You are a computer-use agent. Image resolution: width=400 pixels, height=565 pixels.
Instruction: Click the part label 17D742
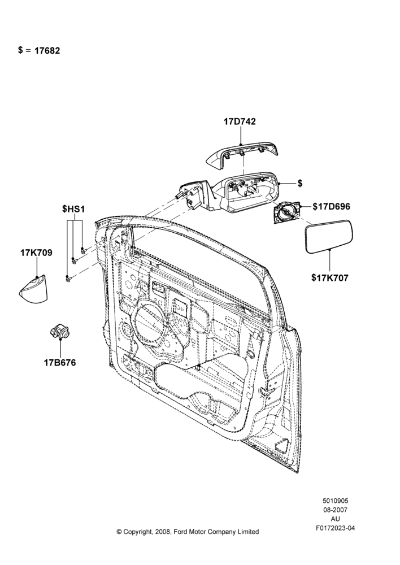(240, 121)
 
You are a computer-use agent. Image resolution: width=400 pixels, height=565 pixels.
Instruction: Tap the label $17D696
(331, 206)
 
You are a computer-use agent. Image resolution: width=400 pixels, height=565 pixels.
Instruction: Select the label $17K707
(330, 278)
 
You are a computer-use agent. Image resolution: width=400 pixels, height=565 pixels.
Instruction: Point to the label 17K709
(36, 253)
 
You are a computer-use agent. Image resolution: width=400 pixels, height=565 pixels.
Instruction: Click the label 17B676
(60, 363)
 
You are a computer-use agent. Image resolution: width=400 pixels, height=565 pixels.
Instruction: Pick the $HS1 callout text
(73, 208)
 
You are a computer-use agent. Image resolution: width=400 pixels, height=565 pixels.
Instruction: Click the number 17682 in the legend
(47, 51)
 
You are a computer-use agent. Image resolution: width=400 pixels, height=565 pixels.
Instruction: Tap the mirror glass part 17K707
(329, 237)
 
